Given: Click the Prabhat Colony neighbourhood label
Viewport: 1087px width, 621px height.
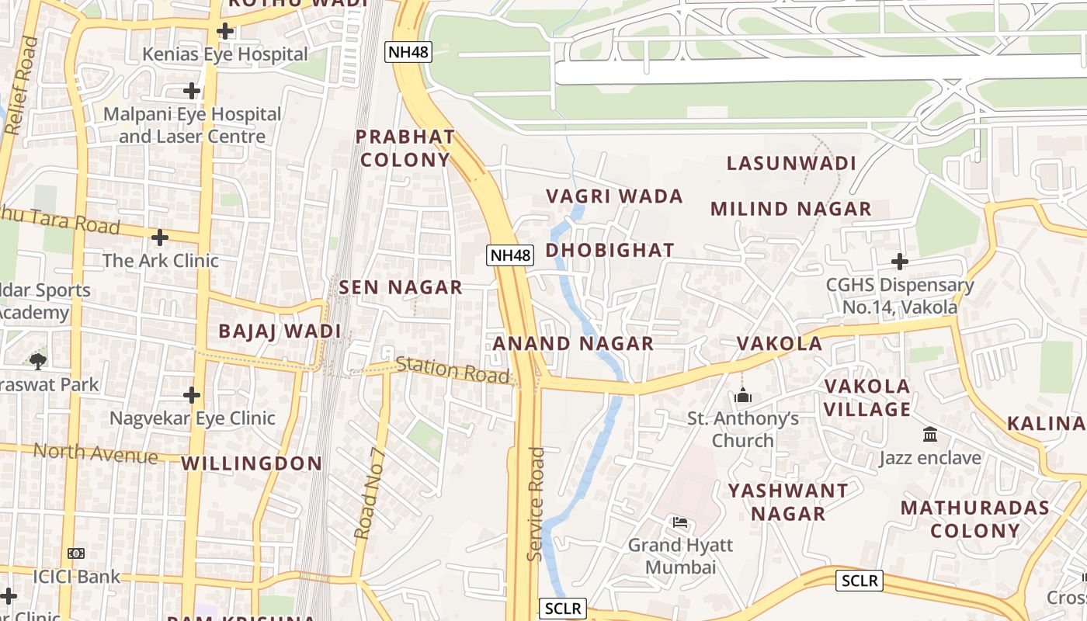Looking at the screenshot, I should (405, 148).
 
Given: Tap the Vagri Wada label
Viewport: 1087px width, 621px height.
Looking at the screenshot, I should (615, 196).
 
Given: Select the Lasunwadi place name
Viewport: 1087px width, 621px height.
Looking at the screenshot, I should (791, 164).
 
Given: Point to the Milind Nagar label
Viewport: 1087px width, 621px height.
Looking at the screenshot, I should (790, 209).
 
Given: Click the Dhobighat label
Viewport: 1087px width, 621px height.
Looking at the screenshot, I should (609, 250).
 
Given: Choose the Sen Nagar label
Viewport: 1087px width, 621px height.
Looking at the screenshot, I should (401, 287).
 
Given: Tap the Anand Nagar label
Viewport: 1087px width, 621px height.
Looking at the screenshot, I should (573, 343).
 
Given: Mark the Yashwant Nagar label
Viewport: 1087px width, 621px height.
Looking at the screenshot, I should (788, 502).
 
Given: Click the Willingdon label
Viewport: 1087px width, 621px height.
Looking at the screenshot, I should (252, 463).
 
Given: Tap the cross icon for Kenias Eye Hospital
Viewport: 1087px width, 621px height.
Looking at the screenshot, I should (225, 31).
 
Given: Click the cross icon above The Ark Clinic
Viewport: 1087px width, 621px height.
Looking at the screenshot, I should (160, 237).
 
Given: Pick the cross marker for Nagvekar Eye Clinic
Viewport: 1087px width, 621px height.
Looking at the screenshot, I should (192, 395).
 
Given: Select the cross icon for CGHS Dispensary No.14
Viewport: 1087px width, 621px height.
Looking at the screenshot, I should (899, 262).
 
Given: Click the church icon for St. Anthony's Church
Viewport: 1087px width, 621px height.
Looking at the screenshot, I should (743, 396).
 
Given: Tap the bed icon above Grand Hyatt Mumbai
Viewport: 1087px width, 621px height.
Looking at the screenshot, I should (680, 522).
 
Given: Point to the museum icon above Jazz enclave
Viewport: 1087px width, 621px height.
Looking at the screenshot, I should (929, 435).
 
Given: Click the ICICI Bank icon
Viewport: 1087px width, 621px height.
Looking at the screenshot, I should (76, 553).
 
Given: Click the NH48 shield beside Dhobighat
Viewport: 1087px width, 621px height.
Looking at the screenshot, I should (510, 254).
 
